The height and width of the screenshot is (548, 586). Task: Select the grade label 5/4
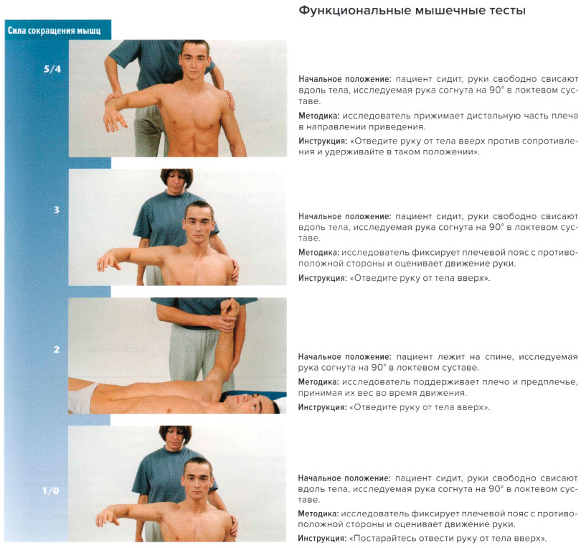(x=52, y=70)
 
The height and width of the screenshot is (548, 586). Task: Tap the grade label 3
(x=56, y=210)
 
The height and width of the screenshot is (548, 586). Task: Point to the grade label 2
(x=56, y=350)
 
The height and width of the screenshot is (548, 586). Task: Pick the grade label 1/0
(x=50, y=491)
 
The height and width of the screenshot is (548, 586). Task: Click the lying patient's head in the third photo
(x=258, y=404)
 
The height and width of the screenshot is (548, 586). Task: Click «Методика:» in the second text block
(x=318, y=252)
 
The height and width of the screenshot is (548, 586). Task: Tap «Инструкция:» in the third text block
(x=322, y=407)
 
